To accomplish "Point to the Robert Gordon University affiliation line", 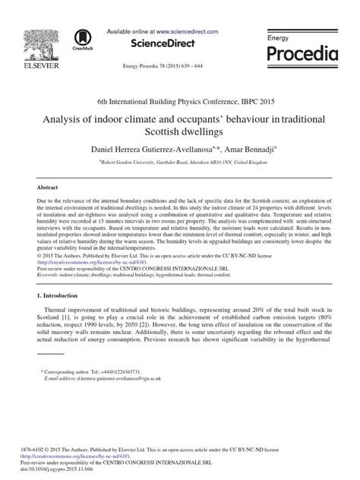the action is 180,161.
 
